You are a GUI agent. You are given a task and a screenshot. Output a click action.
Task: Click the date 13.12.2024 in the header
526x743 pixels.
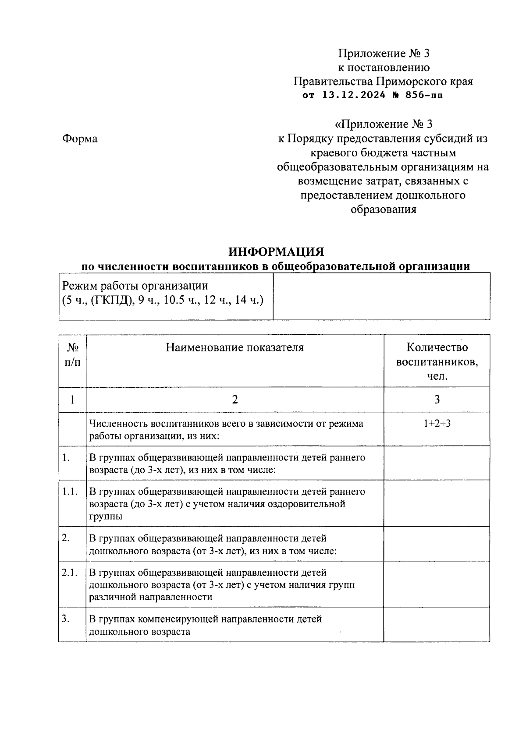pyautogui.click(x=354, y=95)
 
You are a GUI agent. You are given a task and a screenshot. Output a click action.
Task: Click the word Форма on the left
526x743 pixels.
pyautogui.click(x=80, y=139)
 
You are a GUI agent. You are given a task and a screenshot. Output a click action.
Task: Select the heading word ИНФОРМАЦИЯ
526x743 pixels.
pyautogui.click(x=276, y=252)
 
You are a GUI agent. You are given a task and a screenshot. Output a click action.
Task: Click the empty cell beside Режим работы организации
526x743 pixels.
pyautogui.click(x=381, y=296)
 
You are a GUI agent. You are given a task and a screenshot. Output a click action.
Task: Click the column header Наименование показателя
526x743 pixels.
pyautogui.click(x=235, y=348)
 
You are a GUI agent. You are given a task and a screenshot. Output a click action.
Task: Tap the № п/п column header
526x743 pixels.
pyautogui.click(x=73, y=355)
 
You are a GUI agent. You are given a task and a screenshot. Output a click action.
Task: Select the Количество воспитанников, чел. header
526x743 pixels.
pyautogui.click(x=437, y=361)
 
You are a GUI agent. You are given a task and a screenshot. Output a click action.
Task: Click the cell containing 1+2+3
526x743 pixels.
pyautogui.click(x=437, y=424)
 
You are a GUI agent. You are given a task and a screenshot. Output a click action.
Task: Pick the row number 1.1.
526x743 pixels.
pyautogui.click(x=70, y=492)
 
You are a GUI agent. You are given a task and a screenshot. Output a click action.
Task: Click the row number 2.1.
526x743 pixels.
pyautogui.click(x=70, y=573)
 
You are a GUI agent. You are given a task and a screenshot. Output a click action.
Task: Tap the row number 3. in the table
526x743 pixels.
pyautogui.click(x=67, y=619)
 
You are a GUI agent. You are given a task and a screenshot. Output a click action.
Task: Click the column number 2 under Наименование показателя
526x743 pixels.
pyautogui.click(x=235, y=400)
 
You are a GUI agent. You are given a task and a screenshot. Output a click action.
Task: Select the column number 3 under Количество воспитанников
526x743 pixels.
pyautogui.click(x=437, y=400)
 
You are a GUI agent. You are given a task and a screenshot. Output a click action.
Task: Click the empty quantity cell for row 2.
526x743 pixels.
pyautogui.click(x=437, y=544)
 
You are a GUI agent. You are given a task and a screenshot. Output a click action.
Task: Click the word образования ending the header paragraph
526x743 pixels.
pyautogui.click(x=383, y=209)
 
